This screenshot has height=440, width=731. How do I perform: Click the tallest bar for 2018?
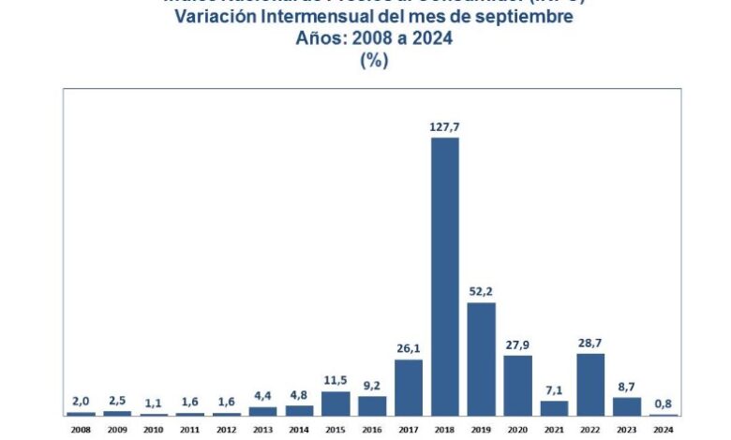445,276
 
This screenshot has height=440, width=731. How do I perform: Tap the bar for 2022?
590,384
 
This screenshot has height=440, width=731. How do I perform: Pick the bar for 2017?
409,387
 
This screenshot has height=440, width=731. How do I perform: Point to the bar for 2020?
517,385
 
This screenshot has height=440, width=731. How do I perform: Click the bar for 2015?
336,403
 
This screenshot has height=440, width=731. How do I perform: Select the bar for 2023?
627,405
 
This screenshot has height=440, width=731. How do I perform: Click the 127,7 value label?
445,125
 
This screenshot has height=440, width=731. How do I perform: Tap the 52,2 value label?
481,290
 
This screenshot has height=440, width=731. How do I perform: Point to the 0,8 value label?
664,403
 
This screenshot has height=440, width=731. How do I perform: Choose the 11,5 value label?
336,379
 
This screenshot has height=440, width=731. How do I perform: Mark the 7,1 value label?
554,389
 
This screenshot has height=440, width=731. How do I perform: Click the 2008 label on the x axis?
81,431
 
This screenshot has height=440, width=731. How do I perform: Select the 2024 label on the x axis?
664,431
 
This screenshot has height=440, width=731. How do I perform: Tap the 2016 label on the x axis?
372,431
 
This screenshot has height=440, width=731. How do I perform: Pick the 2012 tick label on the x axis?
226,431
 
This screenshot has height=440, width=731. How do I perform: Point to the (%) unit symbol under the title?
373,59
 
